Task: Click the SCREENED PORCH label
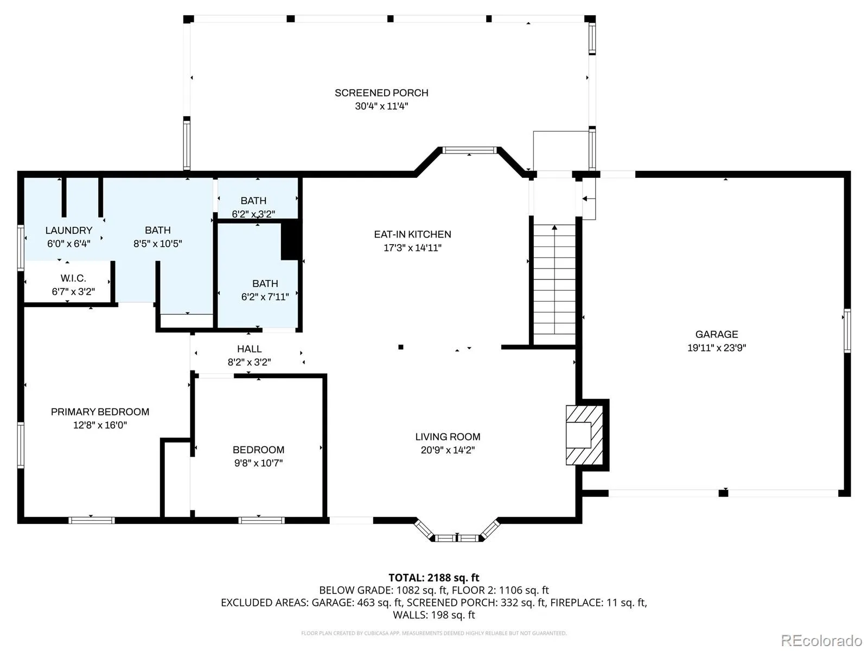pyautogui.click(x=381, y=93)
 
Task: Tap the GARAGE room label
pyautogui.click(x=717, y=334)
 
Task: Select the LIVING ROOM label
pyautogui.click(x=448, y=437)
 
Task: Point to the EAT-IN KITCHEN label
pyautogui.click(x=412, y=234)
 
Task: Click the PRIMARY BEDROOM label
pyautogui.click(x=100, y=412)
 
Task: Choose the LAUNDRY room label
pyautogui.click(x=69, y=231)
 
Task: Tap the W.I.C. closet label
pyautogui.click(x=73, y=278)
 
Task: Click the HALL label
pyautogui.click(x=249, y=349)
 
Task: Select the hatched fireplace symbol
pyautogui.click(x=584, y=435)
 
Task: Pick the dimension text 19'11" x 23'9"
pyautogui.click(x=717, y=348)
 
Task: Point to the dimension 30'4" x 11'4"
pyautogui.click(x=381, y=106)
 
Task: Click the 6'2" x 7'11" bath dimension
pyautogui.click(x=265, y=297)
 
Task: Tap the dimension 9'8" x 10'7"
pyautogui.click(x=258, y=463)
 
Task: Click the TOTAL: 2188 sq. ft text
pyautogui.click(x=434, y=578)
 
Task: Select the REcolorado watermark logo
pyautogui.click(x=821, y=640)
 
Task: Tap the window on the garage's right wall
pyautogui.click(x=847, y=331)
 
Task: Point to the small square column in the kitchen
pyautogui.click(x=400, y=347)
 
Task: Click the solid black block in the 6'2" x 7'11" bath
pyautogui.click(x=291, y=240)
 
